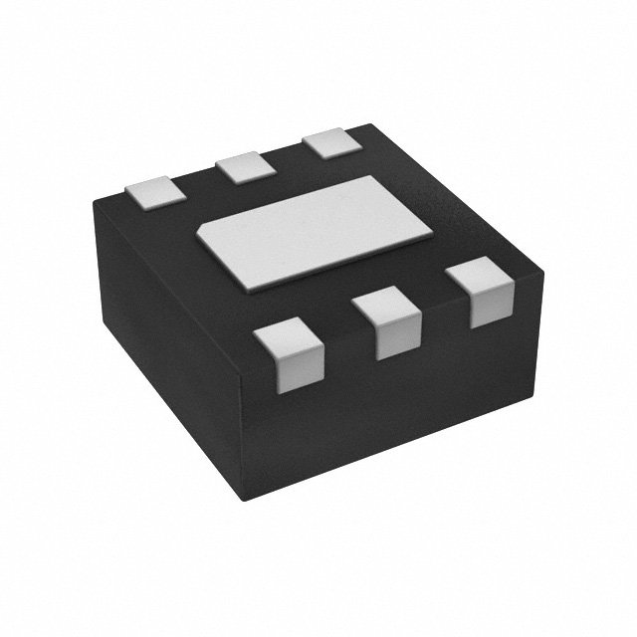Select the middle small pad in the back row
pos(244,166)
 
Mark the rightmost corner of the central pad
pos(431,237)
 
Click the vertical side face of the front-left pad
pos(297,371)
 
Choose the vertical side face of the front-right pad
pos(488,304)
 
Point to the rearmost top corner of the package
pos(370,123)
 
